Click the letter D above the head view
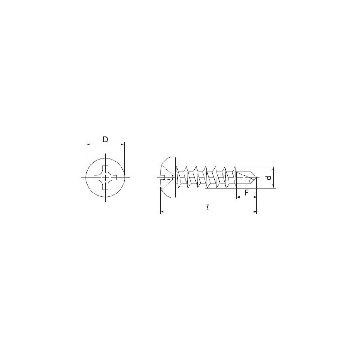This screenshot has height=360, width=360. click(105, 139)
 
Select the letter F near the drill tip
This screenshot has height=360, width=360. click(247, 193)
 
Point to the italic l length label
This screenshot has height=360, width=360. click(207, 207)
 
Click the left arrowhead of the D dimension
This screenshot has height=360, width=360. click(88, 144)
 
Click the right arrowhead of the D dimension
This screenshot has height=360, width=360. click(122, 144)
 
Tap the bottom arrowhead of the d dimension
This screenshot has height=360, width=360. click(273, 186)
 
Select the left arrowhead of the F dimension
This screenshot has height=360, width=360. click(238, 197)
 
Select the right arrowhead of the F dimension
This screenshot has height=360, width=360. click(255, 197)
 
